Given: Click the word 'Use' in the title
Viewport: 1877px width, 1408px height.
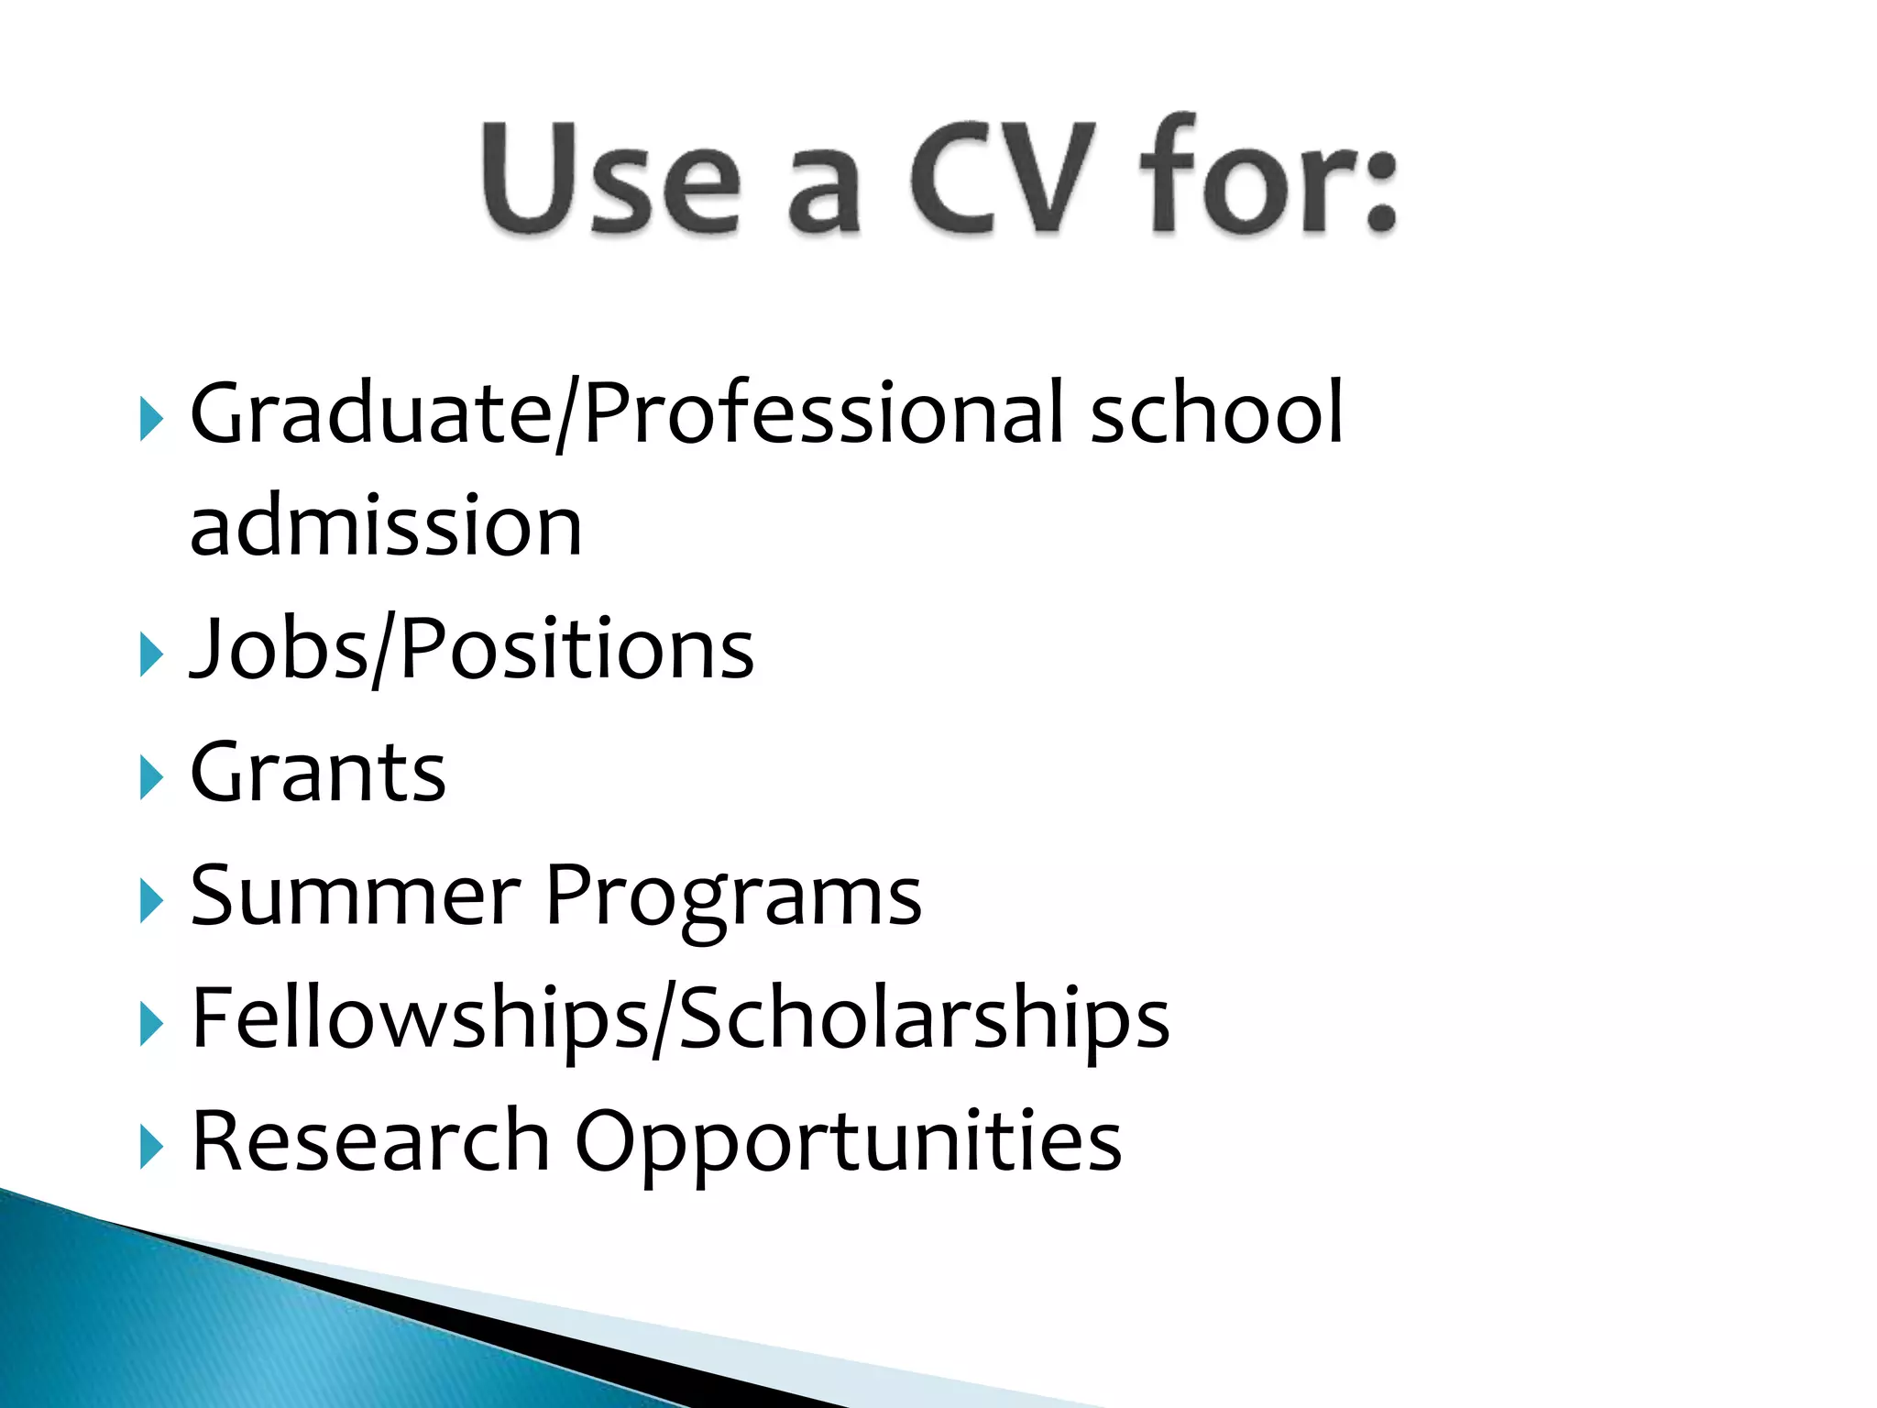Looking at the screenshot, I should click(x=610, y=178).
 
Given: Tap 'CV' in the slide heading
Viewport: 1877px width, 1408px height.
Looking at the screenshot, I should click(x=1003, y=178).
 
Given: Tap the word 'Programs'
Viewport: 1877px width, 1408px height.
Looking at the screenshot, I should click(x=733, y=898).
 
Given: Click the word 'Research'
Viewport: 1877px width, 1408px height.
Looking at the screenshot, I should click(x=370, y=1140).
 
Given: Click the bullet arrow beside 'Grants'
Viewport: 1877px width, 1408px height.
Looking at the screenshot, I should click(x=151, y=777).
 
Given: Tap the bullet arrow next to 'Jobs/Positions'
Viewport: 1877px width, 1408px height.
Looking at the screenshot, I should click(x=151, y=655).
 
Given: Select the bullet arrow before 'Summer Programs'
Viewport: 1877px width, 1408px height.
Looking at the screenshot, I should click(x=151, y=901).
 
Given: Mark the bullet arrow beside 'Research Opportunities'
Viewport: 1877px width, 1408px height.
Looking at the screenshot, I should click(x=151, y=1147).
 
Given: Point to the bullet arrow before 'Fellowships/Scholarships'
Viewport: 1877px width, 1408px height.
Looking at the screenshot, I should click(x=151, y=1024).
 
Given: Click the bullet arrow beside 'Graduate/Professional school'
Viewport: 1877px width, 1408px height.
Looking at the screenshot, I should click(x=151, y=419).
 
